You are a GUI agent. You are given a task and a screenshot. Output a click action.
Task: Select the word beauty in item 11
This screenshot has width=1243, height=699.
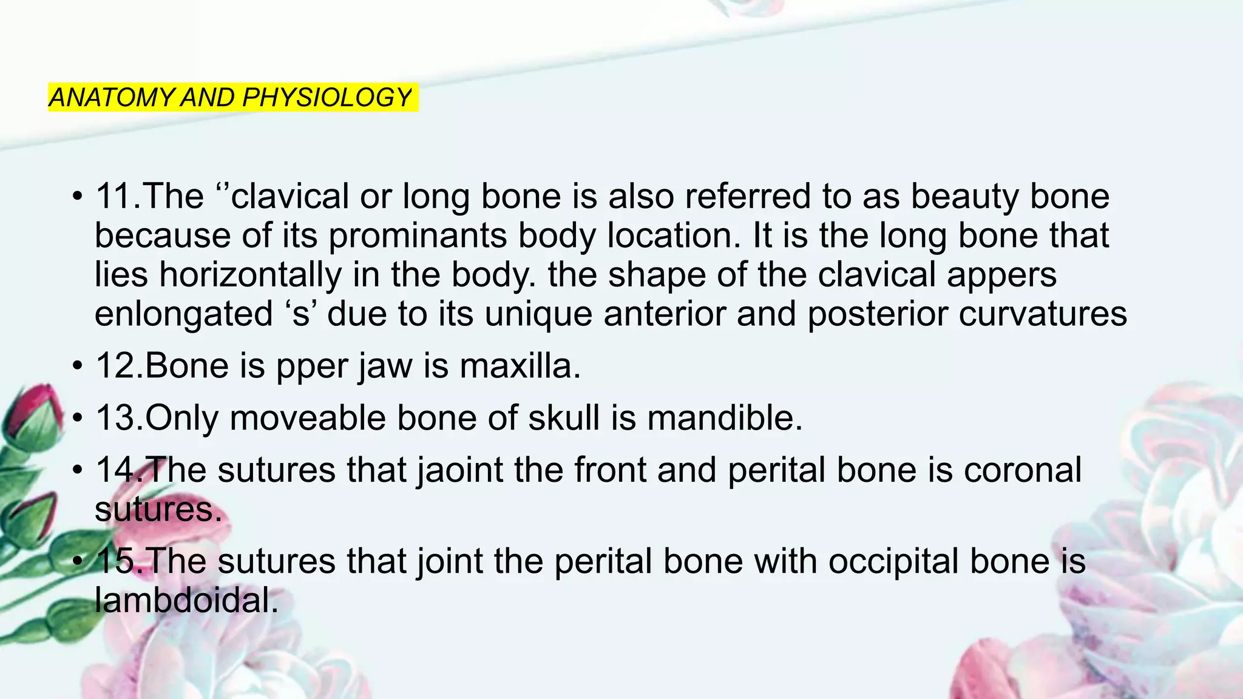point(959,197)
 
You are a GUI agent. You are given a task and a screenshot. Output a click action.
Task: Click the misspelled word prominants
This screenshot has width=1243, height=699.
point(418,235)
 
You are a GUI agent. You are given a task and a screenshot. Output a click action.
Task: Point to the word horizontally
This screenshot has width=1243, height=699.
point(251,275)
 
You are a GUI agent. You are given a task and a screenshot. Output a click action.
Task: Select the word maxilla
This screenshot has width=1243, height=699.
point(520,366)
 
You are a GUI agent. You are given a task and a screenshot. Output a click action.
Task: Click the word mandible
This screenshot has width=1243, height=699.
point(725,418)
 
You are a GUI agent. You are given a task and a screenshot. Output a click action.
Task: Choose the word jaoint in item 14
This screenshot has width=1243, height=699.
point(460,470)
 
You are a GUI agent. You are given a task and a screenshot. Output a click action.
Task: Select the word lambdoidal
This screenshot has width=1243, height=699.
point(186,601)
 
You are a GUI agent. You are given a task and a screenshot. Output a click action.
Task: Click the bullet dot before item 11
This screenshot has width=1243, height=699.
point(76,197)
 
